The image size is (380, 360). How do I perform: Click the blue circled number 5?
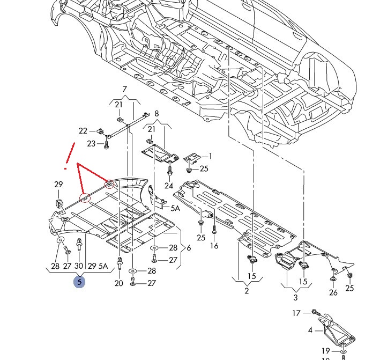79,281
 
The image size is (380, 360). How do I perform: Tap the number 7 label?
125,89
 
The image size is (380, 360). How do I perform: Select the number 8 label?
157,114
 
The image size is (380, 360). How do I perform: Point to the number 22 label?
83,130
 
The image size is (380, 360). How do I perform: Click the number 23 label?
91,143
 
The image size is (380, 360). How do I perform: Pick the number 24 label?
169,186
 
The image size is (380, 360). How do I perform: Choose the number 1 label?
210,156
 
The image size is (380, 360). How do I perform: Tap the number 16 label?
214,246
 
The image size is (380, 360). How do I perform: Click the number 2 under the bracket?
246,291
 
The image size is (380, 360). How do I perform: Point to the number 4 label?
310,330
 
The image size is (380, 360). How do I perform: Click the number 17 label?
296,312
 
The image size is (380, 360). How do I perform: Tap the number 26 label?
333,292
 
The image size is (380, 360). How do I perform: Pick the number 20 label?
119,283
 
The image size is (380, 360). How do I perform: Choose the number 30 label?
79,266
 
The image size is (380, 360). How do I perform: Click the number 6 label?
188,248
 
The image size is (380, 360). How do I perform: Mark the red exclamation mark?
68,156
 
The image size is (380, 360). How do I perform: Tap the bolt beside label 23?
106,144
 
